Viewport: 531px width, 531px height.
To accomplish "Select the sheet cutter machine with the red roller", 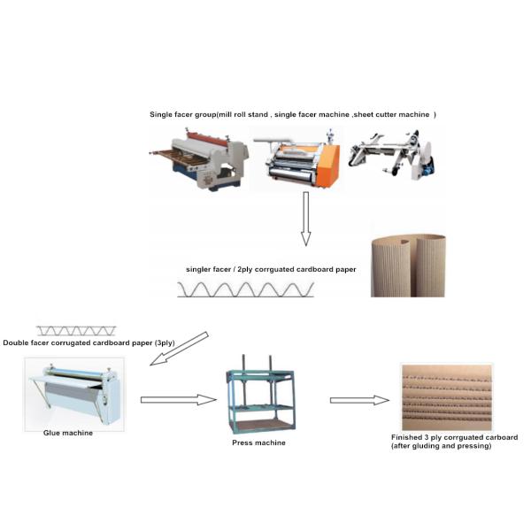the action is point(199,160).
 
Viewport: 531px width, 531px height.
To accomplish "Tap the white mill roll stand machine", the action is point(392,154).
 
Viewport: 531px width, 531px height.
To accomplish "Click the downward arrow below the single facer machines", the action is point(306,219).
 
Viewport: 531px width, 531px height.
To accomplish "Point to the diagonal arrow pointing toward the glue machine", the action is point(179,349).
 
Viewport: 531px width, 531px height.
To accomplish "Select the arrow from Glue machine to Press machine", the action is point(179,400).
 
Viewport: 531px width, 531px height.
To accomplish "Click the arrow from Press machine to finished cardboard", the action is point(359,400).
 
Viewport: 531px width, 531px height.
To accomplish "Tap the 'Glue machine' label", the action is point(68,433).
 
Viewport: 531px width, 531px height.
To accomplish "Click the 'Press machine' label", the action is point(258,442).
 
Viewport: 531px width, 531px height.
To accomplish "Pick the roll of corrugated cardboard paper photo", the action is point(408,265).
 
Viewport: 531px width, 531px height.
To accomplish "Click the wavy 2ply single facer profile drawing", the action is point(245,290).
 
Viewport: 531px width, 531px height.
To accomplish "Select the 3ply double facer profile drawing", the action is point(76,331).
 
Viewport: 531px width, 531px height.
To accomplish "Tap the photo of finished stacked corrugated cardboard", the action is point(447,396).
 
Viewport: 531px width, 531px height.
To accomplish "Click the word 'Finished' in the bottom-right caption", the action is point(406,437).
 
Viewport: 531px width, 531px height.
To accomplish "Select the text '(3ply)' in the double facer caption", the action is point(165,342).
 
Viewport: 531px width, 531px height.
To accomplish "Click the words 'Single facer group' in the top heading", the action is point(183,114).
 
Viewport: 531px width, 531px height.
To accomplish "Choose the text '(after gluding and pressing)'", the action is point(442,446).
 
